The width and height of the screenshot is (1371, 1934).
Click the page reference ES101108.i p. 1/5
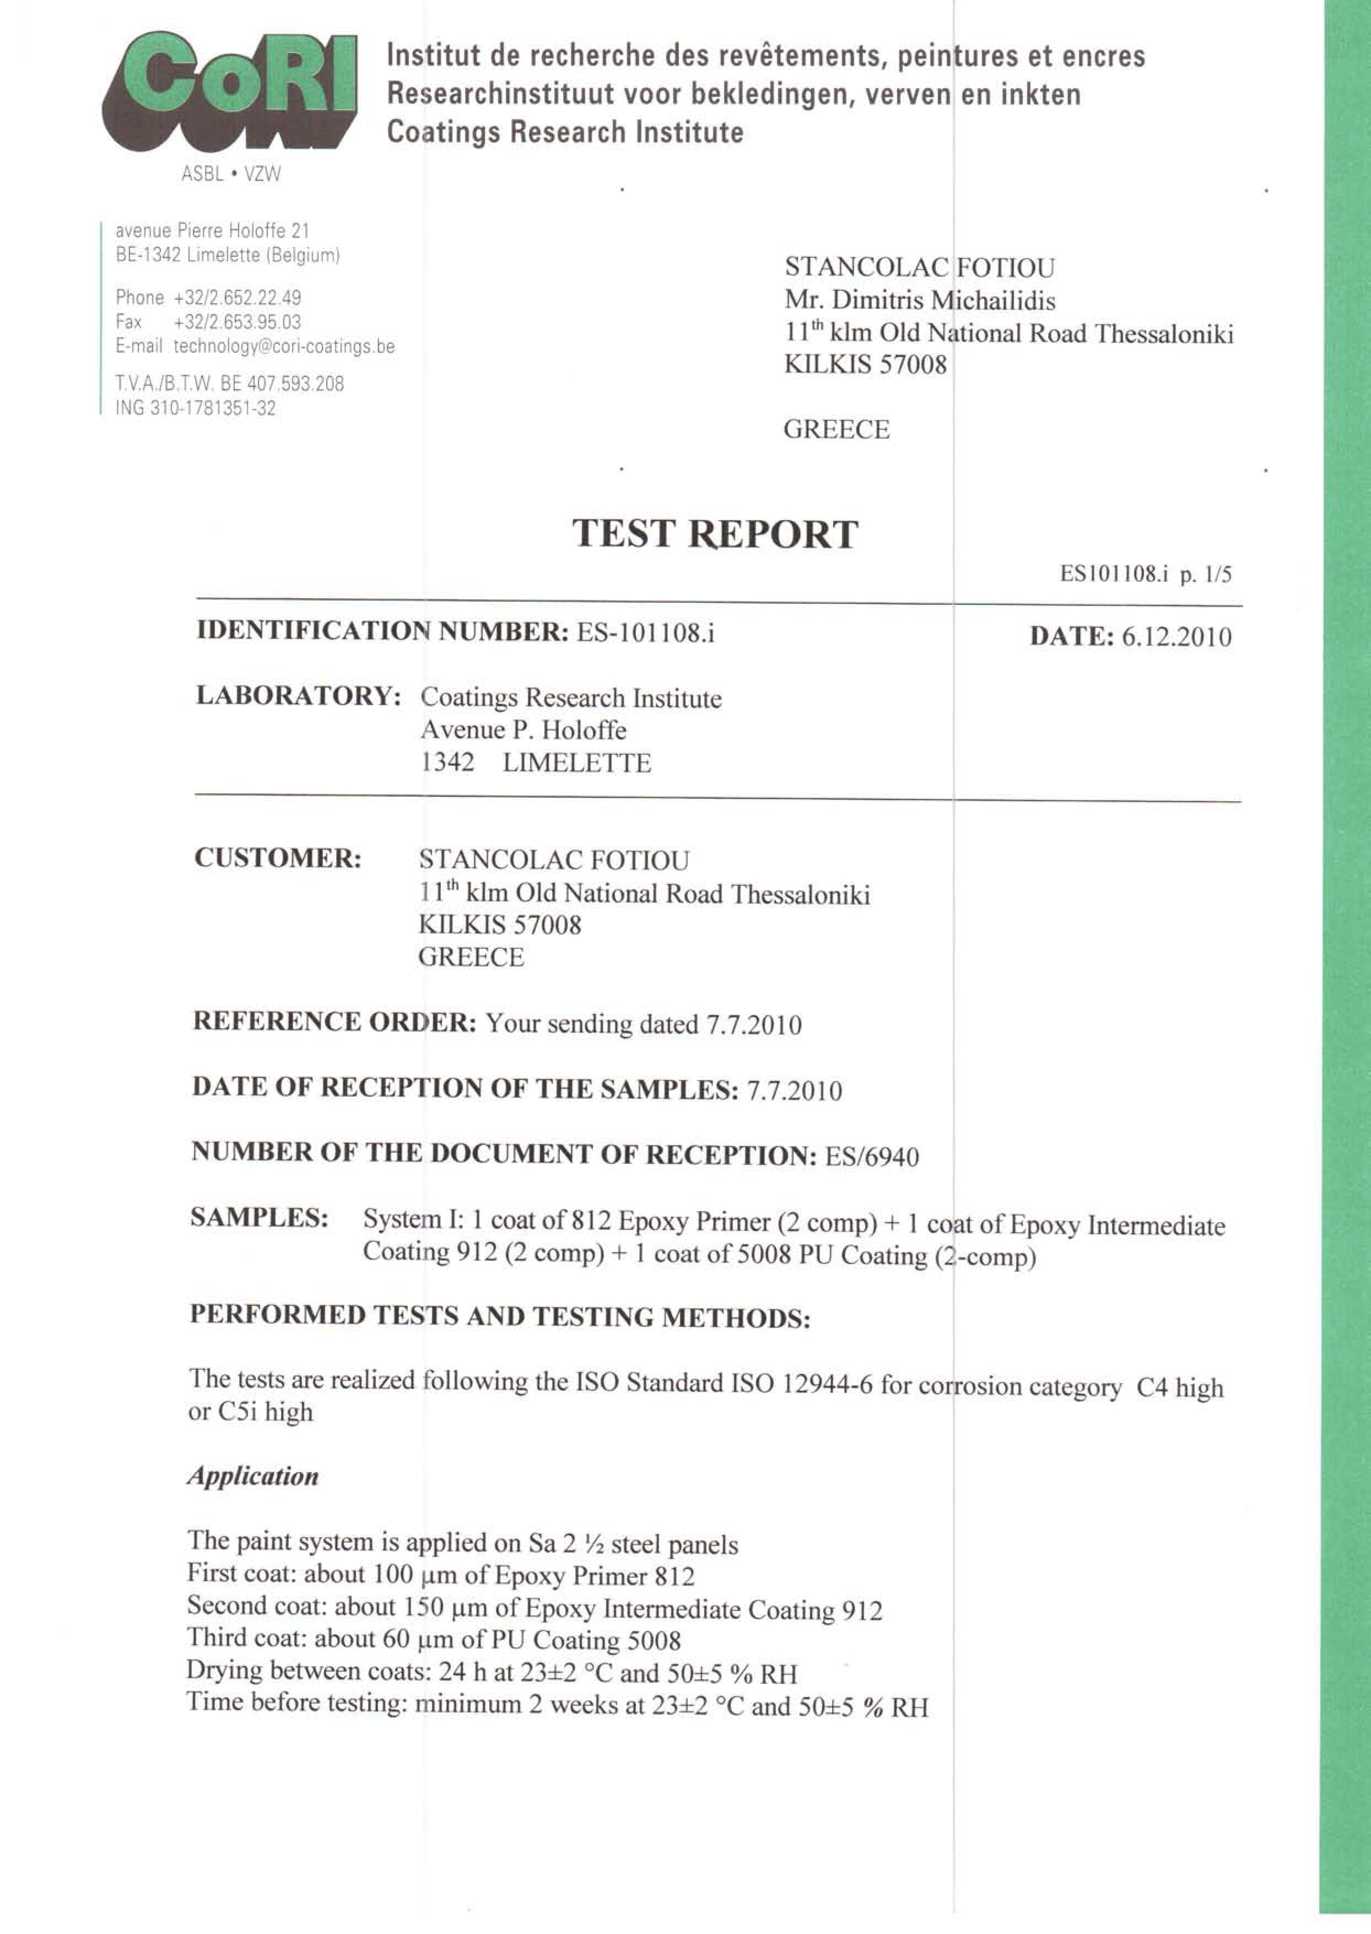[1146, 575]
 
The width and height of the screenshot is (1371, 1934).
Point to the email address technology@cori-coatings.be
[284, 346]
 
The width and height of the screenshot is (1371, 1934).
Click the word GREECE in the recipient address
[836, 430]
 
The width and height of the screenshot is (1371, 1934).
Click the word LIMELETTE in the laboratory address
[577, 763]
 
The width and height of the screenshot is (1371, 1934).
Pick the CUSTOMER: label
[278, 858]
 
